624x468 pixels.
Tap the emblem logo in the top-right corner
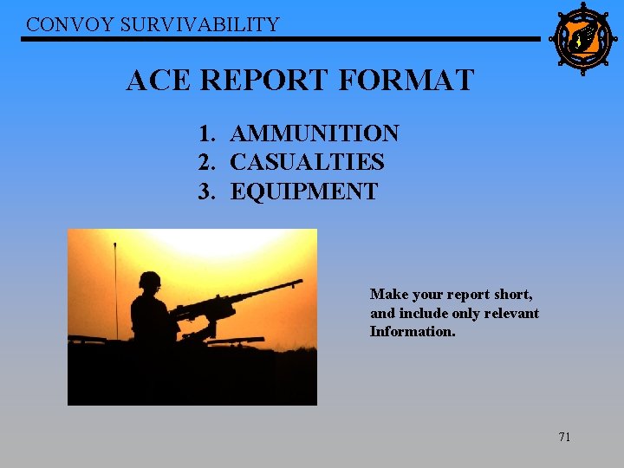click(x=582, y=39)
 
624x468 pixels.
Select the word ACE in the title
click(x=159, y=81)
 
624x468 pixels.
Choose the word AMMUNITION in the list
click(x=315, y=133)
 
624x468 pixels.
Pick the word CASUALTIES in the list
click(x=307, y=162)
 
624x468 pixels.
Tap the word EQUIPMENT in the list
click(x=303, y=191)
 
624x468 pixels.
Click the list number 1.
click(x=205, y=133)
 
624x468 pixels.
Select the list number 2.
click(x=205, y=162)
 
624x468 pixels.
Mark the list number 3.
click(x=205, y=191)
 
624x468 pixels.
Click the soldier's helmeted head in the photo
click(x=150, y=282)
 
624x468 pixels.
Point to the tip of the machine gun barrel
click(x=300, y=281)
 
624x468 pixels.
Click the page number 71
click(x=564, y=437)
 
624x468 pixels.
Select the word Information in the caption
click(x=413, y=331)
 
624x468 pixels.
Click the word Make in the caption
click(x=387, y=295)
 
